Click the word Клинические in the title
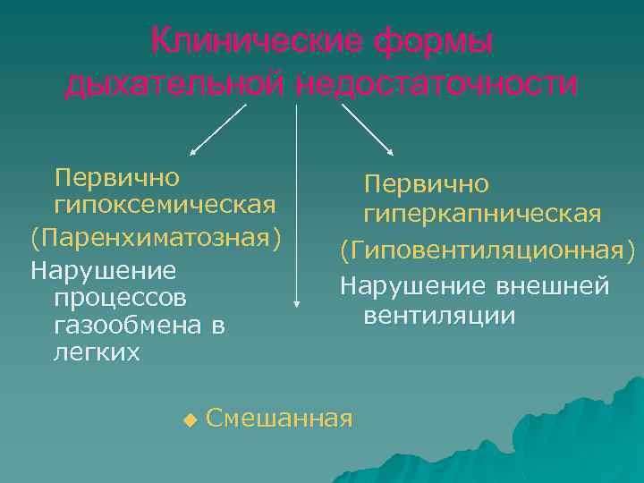(256, 41)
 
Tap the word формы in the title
(434, 41)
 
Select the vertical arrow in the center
(296, 206)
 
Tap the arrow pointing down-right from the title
(369, 130)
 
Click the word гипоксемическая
(165, 207)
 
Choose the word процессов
(121, 295)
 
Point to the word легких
(97, 352)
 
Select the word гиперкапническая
(482, 215)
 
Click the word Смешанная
(279, 418)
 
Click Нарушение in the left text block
(103, 268)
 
